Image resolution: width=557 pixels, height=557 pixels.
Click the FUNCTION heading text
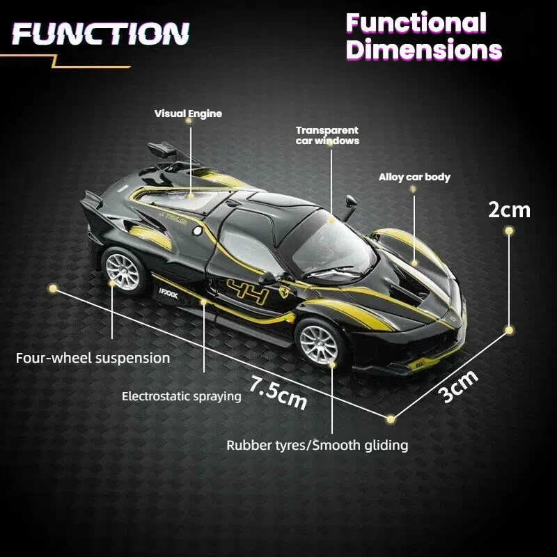pos(100,33)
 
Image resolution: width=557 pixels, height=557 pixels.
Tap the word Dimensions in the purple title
pos(424,49)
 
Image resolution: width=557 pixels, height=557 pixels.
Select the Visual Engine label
pos(188,113)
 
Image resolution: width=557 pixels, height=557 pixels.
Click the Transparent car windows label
pos(327,136)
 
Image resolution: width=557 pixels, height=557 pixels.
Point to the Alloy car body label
pos(414,177)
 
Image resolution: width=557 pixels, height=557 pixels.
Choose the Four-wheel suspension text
pos(93,358)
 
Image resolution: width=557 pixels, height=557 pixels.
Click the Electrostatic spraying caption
pos(182,396)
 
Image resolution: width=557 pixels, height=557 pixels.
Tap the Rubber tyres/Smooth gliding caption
pos(317,445)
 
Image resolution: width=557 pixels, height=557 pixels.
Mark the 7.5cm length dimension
pos(278,393)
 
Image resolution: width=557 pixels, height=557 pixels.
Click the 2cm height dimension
pos(509,210)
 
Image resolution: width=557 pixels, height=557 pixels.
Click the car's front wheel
pos(319,345)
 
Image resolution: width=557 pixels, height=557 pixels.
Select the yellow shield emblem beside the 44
pos(284,291)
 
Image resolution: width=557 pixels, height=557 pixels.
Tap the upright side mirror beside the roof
pos(350,207)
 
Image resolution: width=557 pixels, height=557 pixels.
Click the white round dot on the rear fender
pos(197,231)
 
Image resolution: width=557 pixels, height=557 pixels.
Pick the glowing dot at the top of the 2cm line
pos(509,231)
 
